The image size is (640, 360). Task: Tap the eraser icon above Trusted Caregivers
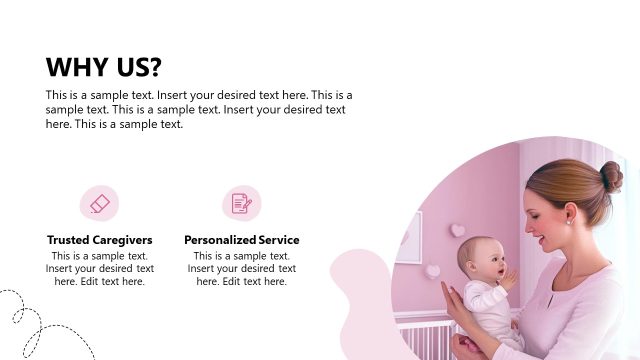99,204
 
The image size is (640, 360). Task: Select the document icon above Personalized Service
241,204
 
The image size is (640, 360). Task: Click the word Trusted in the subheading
68,240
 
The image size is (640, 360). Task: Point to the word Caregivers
122,240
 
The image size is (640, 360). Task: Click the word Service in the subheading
279,240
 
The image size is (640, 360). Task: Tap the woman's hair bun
610,177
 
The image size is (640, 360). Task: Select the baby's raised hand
508,277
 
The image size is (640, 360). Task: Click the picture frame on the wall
409,238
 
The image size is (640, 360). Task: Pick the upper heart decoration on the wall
457,230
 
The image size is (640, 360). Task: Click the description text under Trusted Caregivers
99,268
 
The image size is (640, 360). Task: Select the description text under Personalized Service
241,268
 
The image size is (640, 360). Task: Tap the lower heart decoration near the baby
432,271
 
